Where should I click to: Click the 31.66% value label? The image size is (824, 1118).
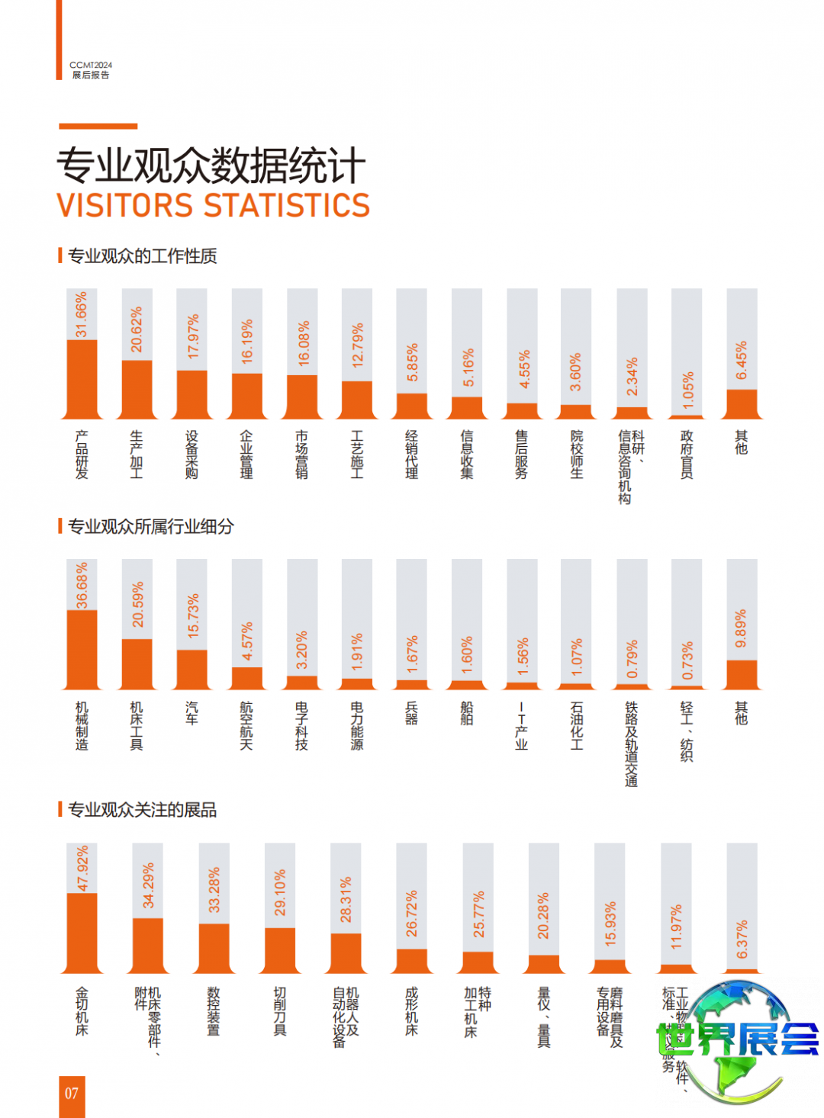tap(82, 314)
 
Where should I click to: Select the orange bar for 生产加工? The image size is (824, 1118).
tap(137, 389)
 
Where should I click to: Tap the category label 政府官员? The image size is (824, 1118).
tap(687, 454)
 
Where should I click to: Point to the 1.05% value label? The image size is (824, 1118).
tap(688, 391)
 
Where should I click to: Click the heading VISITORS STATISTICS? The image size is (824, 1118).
tap(213, 206)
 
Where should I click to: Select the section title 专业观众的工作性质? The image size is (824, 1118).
tap(142, 256)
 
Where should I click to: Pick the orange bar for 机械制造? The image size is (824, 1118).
tap(82, 650)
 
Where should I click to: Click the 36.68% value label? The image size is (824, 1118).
tap(82, 586)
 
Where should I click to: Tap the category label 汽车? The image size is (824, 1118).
tap(192, 713)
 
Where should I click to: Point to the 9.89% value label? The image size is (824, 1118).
tap(741, 629)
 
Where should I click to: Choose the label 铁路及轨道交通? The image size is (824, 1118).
tap(631, 744)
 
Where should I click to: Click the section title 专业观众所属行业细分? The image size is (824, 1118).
tap(150, 526)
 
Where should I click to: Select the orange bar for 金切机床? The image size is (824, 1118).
tap(82, 933)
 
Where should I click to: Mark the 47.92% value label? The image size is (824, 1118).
tap(82, 868)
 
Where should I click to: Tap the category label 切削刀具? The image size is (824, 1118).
tap(280, 1011)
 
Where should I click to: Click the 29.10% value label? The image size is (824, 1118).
tap(280, 892)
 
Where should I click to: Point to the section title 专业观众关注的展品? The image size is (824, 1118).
tap(142, 810)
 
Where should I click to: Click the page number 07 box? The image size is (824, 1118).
tap(72, 1095)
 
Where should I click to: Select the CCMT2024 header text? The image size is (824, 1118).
tap(91, 66)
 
